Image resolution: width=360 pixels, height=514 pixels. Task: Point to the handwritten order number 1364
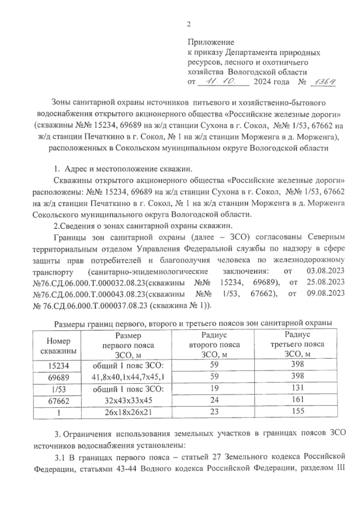click(323, 82)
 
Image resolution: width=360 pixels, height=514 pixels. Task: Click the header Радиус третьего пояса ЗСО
click(297, 344)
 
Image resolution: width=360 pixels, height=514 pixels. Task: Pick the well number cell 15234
click(58, 366)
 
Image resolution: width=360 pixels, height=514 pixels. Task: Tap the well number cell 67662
click(58, 401)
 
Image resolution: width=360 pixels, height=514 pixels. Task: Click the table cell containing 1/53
click(58, 389)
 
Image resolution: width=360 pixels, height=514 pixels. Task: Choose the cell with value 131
click(298, 388)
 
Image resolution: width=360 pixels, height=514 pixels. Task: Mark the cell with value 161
click(298, 399)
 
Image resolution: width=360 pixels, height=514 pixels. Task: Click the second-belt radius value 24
click(214, 400)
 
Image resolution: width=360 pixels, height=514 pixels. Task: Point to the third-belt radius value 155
click(298, 411)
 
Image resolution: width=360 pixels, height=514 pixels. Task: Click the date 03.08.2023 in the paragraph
click(326, 271)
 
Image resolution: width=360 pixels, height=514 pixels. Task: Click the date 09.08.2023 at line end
click(326, 293)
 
